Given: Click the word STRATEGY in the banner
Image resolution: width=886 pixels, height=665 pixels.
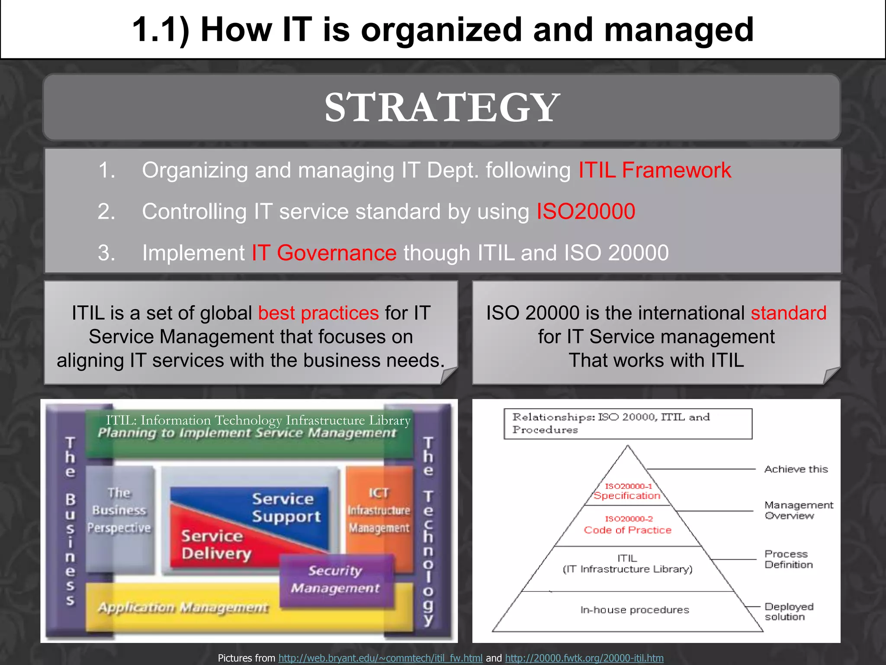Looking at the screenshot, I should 442,107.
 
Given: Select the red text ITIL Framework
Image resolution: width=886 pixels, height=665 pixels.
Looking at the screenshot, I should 655,170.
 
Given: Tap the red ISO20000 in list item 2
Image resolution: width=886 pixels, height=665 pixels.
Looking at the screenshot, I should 586,212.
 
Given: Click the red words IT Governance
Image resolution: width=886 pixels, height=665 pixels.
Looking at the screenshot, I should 324,253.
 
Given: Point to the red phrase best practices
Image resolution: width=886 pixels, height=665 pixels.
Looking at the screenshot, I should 318,313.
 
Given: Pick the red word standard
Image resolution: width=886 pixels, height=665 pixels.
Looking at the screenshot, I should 788,313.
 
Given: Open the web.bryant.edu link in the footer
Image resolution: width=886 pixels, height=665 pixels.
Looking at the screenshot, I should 380,658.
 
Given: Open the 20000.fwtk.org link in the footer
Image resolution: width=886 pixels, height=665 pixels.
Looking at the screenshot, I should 584,658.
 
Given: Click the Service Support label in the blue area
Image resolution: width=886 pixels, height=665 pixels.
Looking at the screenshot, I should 286,507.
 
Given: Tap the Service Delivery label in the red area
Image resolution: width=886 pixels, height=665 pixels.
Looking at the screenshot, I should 215,545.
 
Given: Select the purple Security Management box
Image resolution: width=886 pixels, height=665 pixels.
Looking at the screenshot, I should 335,579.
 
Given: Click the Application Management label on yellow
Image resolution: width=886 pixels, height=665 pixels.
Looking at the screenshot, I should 183,608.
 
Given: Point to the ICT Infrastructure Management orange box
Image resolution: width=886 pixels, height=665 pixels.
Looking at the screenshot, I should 379,511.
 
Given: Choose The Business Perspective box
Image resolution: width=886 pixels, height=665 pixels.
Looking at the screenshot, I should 119,511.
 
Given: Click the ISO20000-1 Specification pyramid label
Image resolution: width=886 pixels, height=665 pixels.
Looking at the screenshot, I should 627,492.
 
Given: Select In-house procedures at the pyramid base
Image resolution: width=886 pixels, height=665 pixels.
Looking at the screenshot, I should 635,610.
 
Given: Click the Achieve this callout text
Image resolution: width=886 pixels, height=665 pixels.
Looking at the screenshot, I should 796,469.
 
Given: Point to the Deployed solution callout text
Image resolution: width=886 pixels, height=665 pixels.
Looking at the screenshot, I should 789,612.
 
